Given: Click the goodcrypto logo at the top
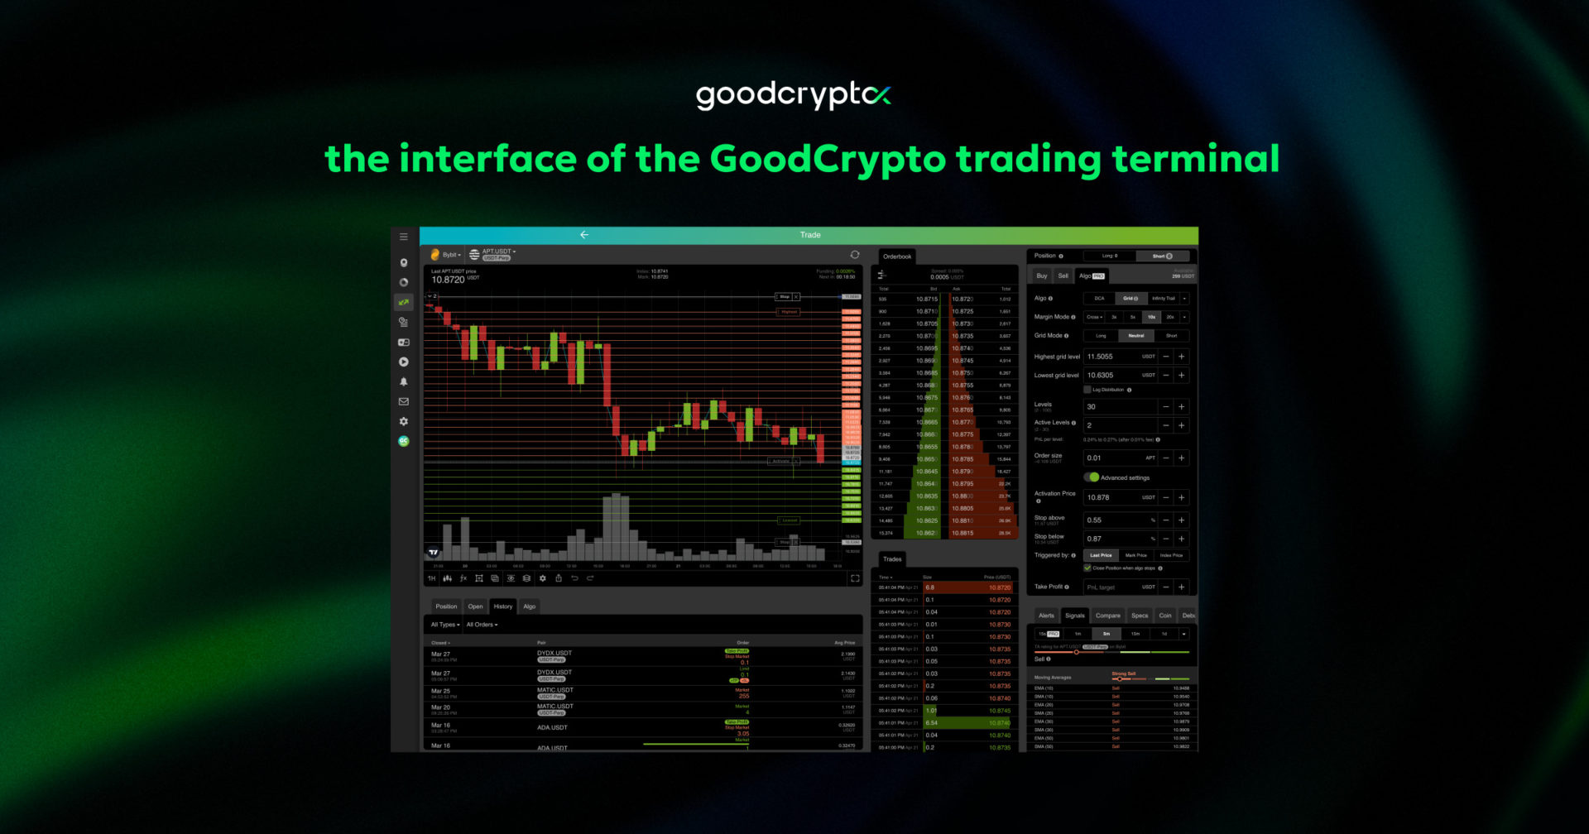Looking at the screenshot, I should click(x=793, y=95).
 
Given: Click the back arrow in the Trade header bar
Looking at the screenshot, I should click(x=584, y=235).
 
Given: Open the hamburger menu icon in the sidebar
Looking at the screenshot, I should click(x=404, y=237).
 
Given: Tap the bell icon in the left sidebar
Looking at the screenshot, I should click(x=404, y=381).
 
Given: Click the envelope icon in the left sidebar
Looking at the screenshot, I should click(x=404, y=401).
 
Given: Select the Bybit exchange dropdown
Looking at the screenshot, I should click(x=447, y=255).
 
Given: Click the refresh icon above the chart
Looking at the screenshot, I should click(x=855, y=255).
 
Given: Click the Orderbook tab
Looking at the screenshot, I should click(x=897, y=256).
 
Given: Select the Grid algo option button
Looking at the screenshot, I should click(x=1130, y=299).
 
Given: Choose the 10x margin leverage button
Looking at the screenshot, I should click(x=1151, y=317).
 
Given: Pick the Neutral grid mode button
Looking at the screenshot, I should click(x=1135, y=336).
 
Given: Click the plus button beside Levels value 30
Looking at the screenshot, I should click(x=1182, y=407).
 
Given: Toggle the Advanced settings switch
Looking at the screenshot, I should click(x=1093, y=477).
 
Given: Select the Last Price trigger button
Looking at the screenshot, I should click(x=1101, y=555).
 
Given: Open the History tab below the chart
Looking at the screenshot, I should click(x=503, y=606).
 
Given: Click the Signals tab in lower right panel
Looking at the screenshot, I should click(x=1075, y=616).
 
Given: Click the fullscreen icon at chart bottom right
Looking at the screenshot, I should click(x=855, y=578).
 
